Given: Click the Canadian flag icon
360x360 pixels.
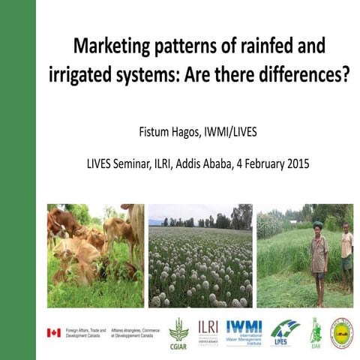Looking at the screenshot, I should pos(53,332).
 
